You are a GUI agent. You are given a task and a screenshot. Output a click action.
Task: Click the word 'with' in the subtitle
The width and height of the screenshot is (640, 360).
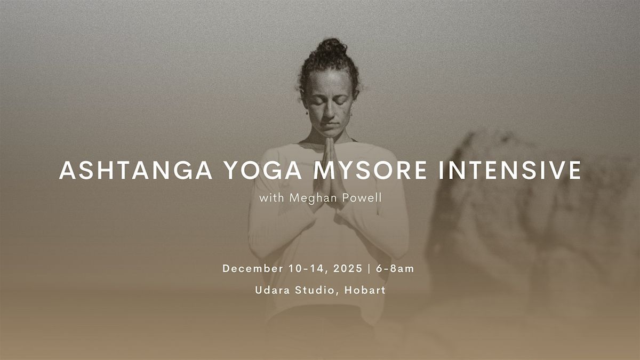271,198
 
